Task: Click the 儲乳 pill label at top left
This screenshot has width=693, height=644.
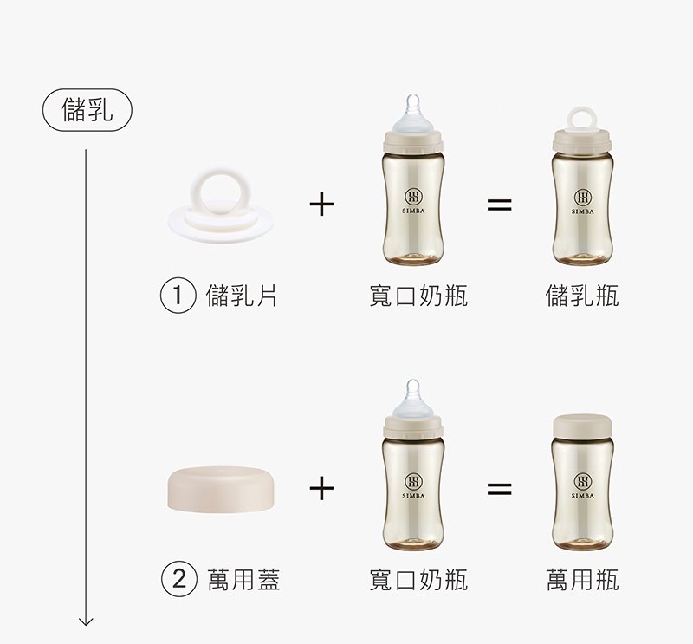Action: coord(87,110)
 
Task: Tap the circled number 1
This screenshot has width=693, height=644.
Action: coord(178,296)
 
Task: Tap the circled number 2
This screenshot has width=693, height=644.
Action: coord(178,578)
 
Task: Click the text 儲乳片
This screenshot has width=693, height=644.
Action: coord(242,296)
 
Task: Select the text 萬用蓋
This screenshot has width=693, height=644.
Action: coord(243,579)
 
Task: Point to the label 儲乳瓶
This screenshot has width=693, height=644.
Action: coord(582,296)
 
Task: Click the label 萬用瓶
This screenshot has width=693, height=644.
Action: coord(582,579)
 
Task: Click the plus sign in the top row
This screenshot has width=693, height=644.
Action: coord(321,205)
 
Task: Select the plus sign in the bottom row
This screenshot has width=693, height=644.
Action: coord(321,488)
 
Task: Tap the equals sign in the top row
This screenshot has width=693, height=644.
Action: coord(500,205)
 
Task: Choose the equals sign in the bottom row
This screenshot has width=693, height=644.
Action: coord(500,489)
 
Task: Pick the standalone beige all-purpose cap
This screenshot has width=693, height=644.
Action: coord(221,489)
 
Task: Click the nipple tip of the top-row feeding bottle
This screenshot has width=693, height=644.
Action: coord(413,98)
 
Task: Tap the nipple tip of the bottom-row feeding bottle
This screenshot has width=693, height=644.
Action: coord(413,383)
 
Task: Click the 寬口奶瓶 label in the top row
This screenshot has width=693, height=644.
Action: coord(418,296)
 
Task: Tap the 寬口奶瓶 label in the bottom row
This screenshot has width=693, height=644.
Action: coord(418,579)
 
